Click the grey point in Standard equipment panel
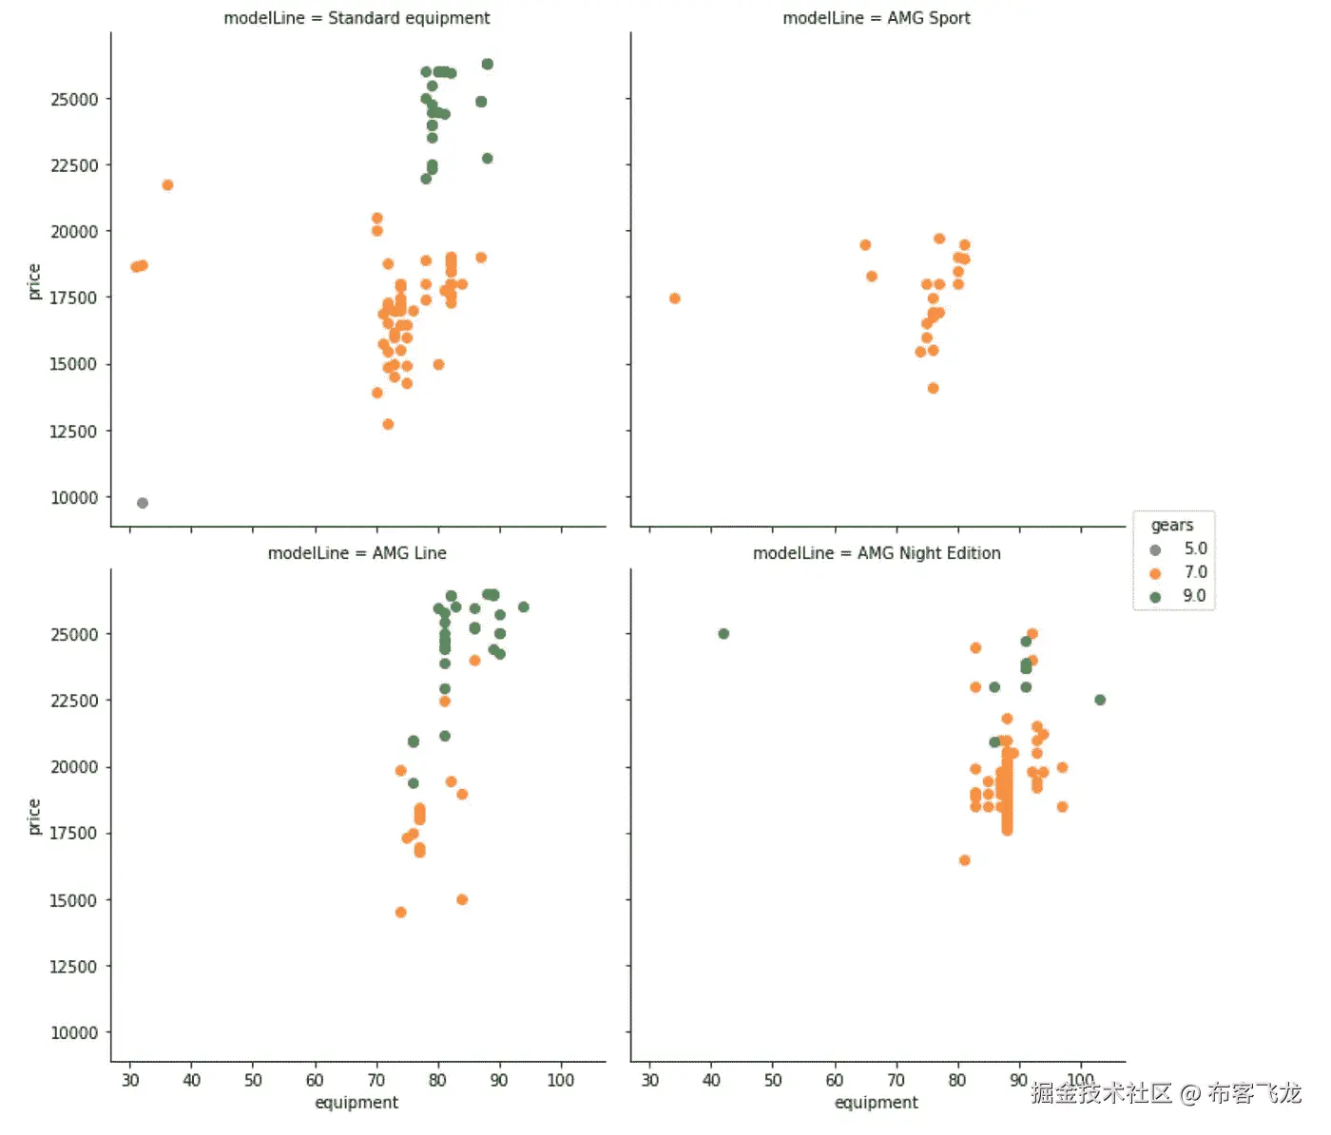tap(143, 503)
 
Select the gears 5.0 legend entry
tap(1179, 549)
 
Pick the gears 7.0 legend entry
tap(1179, 573)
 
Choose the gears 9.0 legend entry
tap(1179, 597)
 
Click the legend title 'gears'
tap(1171, 526)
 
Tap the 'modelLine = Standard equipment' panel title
tap(357, 18)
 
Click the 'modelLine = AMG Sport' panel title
tap(876, 18)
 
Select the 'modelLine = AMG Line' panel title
tap(357, 553)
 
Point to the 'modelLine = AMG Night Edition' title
tap(876, 553)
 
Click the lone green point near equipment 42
tap(723, 634)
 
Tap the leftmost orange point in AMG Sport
tap(675, 298)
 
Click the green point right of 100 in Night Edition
tap(1100, 700)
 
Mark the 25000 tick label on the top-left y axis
tap(74, 100)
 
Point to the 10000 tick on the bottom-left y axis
tap(74, 1033)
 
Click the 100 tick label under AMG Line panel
tap(561, 1081)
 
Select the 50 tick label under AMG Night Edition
tap(773, 1081)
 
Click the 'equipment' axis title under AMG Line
tap(357, 1103)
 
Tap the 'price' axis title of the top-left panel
tap(34, 281)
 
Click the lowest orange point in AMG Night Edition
tap(964, 860)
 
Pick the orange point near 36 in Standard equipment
tap(167, 185)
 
